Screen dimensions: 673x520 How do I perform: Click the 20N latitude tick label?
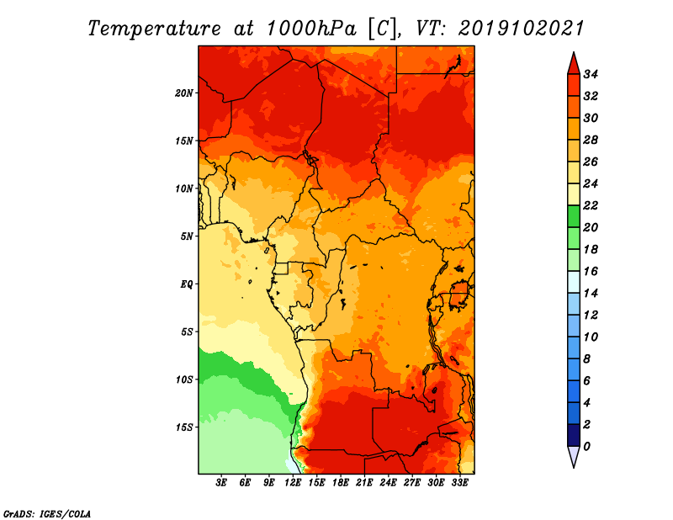coord(184,93)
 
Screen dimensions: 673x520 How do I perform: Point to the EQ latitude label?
coord(187,284)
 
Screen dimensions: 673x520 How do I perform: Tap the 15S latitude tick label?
coord(184,427)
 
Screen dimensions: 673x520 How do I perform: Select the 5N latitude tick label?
coord(187,236)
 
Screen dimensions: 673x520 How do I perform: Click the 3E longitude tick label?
coord(221,483)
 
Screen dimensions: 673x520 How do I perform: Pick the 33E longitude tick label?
coord(459,483)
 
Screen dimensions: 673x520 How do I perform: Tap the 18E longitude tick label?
coord(341,483)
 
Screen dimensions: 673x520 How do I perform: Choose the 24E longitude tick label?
coord(388,483)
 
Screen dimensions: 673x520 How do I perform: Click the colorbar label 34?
coord(591,74)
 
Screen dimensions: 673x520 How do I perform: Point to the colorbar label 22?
coord(591,205)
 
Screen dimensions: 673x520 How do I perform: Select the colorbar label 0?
coord(586,447)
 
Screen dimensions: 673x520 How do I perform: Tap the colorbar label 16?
coord(591,272)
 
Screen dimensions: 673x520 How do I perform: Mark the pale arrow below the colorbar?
coord(574,456)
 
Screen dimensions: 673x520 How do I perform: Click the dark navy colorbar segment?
coord(574,435)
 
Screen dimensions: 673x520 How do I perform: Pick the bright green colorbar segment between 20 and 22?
coord(574,216)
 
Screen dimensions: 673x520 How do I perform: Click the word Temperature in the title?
coord(154,29)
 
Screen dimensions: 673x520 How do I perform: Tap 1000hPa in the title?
coord(311,29)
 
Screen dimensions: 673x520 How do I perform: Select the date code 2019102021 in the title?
coord(521,29)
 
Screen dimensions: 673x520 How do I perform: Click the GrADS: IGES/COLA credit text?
coord(47,514)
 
